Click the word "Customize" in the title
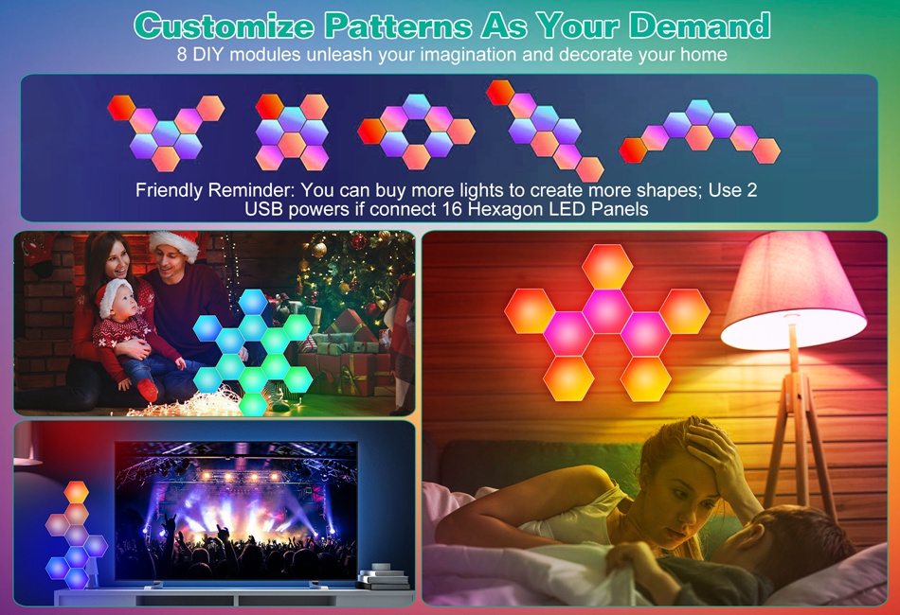[225, 26]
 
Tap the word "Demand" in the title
[699, 26]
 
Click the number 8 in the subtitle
[182, 55]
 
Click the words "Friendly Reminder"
[215, 190]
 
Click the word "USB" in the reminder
[264, 209]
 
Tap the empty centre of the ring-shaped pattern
[416, 132]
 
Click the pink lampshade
[793, 291]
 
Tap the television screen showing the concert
[236, 510]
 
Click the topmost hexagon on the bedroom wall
[607, 267]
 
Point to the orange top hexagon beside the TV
[77, 492]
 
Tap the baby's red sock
[148, 390]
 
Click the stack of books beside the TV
[383, 576]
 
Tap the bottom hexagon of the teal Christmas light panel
[253, 403]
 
